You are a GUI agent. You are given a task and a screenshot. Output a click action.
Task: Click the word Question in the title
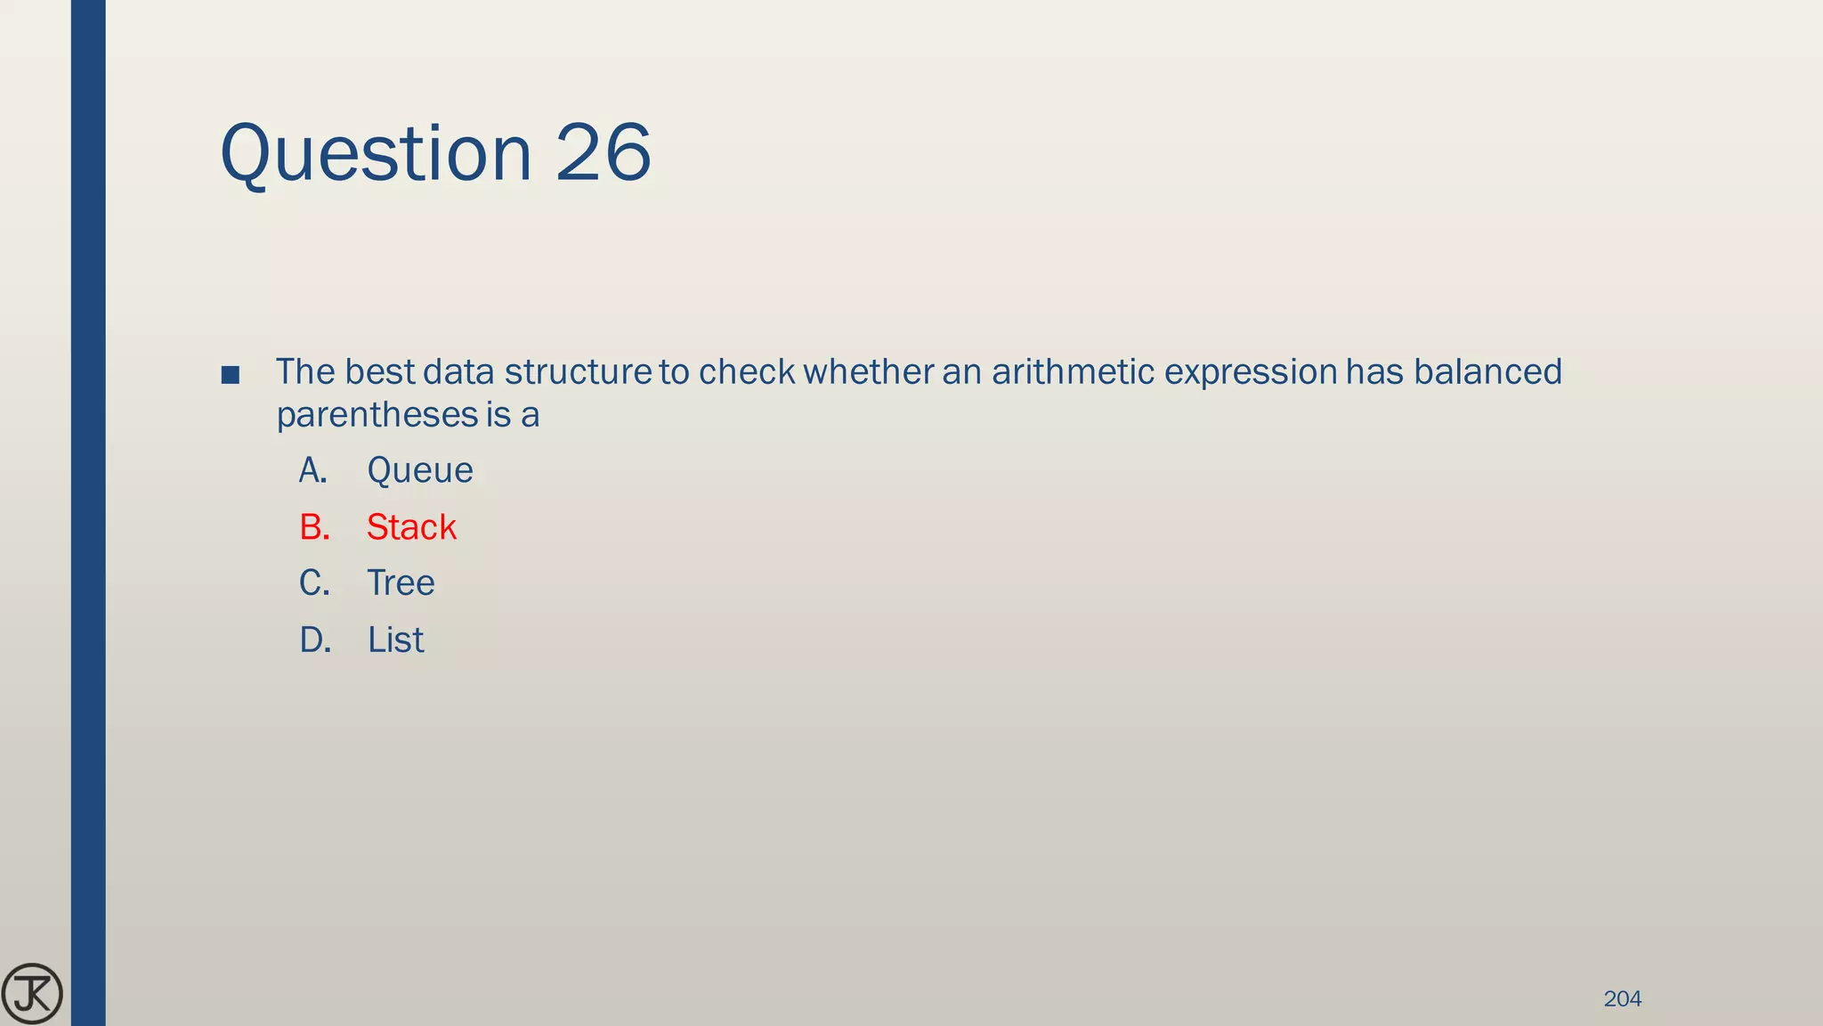pyautogui.click(x=376, y=154)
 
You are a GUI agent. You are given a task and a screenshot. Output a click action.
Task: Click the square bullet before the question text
pyautogui.click(x=230, y=375)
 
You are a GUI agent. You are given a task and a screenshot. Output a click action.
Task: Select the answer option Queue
pyautogui.click(x=419, y=470)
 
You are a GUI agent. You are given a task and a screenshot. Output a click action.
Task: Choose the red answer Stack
pyautogui.click(x=411, y=527)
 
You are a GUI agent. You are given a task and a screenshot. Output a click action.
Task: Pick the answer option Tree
pyautogui.click(x=401, y=583)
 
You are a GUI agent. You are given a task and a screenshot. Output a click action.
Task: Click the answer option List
pyautogui.click(x=395, y=640)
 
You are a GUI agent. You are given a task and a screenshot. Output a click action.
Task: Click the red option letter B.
pyautogui.click(x=314, y=527)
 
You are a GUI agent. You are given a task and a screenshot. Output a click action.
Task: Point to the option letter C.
pyautogui.click(x=314, y=583)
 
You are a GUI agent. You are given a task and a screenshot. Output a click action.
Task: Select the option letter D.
pyautogui.click(x=315, y=640)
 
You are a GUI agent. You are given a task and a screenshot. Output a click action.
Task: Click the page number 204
pyautogui.click(x=1622, y=999)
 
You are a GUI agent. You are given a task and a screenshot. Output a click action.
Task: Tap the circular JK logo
pyautogui.click(x=32, y=994)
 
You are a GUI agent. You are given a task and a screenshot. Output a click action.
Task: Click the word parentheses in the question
pyautogui.click(x=377, y=416)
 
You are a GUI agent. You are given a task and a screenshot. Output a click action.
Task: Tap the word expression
pyautogui.click(x=1250, y=372)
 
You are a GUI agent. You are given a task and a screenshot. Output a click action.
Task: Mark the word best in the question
pyautogui.click(x=379, y=372)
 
